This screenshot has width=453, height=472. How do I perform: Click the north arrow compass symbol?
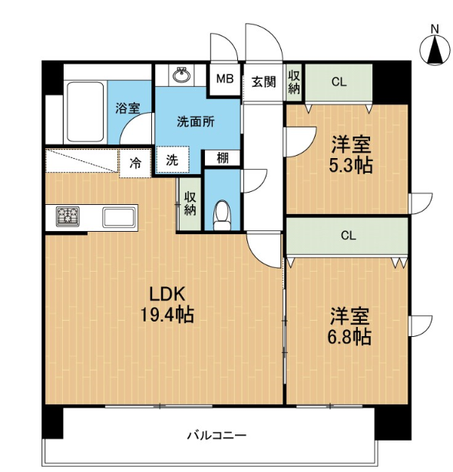435,50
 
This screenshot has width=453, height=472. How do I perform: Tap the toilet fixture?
222,215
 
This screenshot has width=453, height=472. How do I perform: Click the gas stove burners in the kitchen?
68,216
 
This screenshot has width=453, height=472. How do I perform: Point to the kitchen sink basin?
118,217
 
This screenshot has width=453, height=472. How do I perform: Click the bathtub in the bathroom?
85,112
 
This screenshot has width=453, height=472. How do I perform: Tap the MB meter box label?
225,79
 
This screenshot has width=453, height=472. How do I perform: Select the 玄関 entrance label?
263,81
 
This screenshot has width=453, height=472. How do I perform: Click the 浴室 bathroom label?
127,108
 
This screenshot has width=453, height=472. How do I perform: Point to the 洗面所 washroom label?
196,121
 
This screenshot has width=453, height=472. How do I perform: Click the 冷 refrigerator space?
135,163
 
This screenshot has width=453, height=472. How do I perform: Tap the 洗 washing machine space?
172,160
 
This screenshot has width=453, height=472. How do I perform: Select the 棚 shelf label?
223,158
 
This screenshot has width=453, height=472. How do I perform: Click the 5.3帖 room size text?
351,165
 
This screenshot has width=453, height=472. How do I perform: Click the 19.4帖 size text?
167,315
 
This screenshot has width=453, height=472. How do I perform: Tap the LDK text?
167,294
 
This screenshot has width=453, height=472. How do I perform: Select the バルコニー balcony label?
217,435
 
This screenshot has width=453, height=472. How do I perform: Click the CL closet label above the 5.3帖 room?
339,82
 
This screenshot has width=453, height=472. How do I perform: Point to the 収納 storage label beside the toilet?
190,204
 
